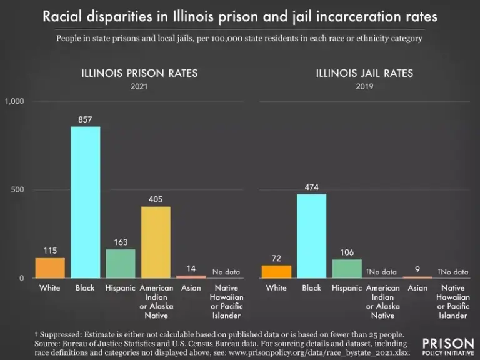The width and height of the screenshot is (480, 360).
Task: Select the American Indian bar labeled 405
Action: (x=156, y=242)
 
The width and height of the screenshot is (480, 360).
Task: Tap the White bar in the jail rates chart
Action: (x=276, y=271)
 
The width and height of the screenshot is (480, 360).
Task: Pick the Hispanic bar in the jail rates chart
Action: (x=347, y=268)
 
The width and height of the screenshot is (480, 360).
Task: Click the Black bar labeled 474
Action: (x=311, y=236)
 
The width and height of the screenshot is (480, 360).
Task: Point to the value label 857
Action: (x=85, y=119)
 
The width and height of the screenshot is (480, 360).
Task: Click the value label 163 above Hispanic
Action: (x=121, y=241)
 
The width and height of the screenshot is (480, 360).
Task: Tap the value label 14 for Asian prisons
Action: (x=191, y=268)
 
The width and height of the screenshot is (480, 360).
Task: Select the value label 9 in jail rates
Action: (x=417, y=269)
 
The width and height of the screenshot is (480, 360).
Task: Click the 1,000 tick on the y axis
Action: (x=14, y=101)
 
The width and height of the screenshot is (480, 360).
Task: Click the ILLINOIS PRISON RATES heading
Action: (x=139, y=73)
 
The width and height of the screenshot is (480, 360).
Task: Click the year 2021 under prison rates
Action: (x=139, y=86)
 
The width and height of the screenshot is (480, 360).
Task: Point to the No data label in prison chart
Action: (x=226, y=272)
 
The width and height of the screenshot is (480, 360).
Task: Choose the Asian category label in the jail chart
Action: (x=417, y=288)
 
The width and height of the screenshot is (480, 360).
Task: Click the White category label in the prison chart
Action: (x=50, y=288)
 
